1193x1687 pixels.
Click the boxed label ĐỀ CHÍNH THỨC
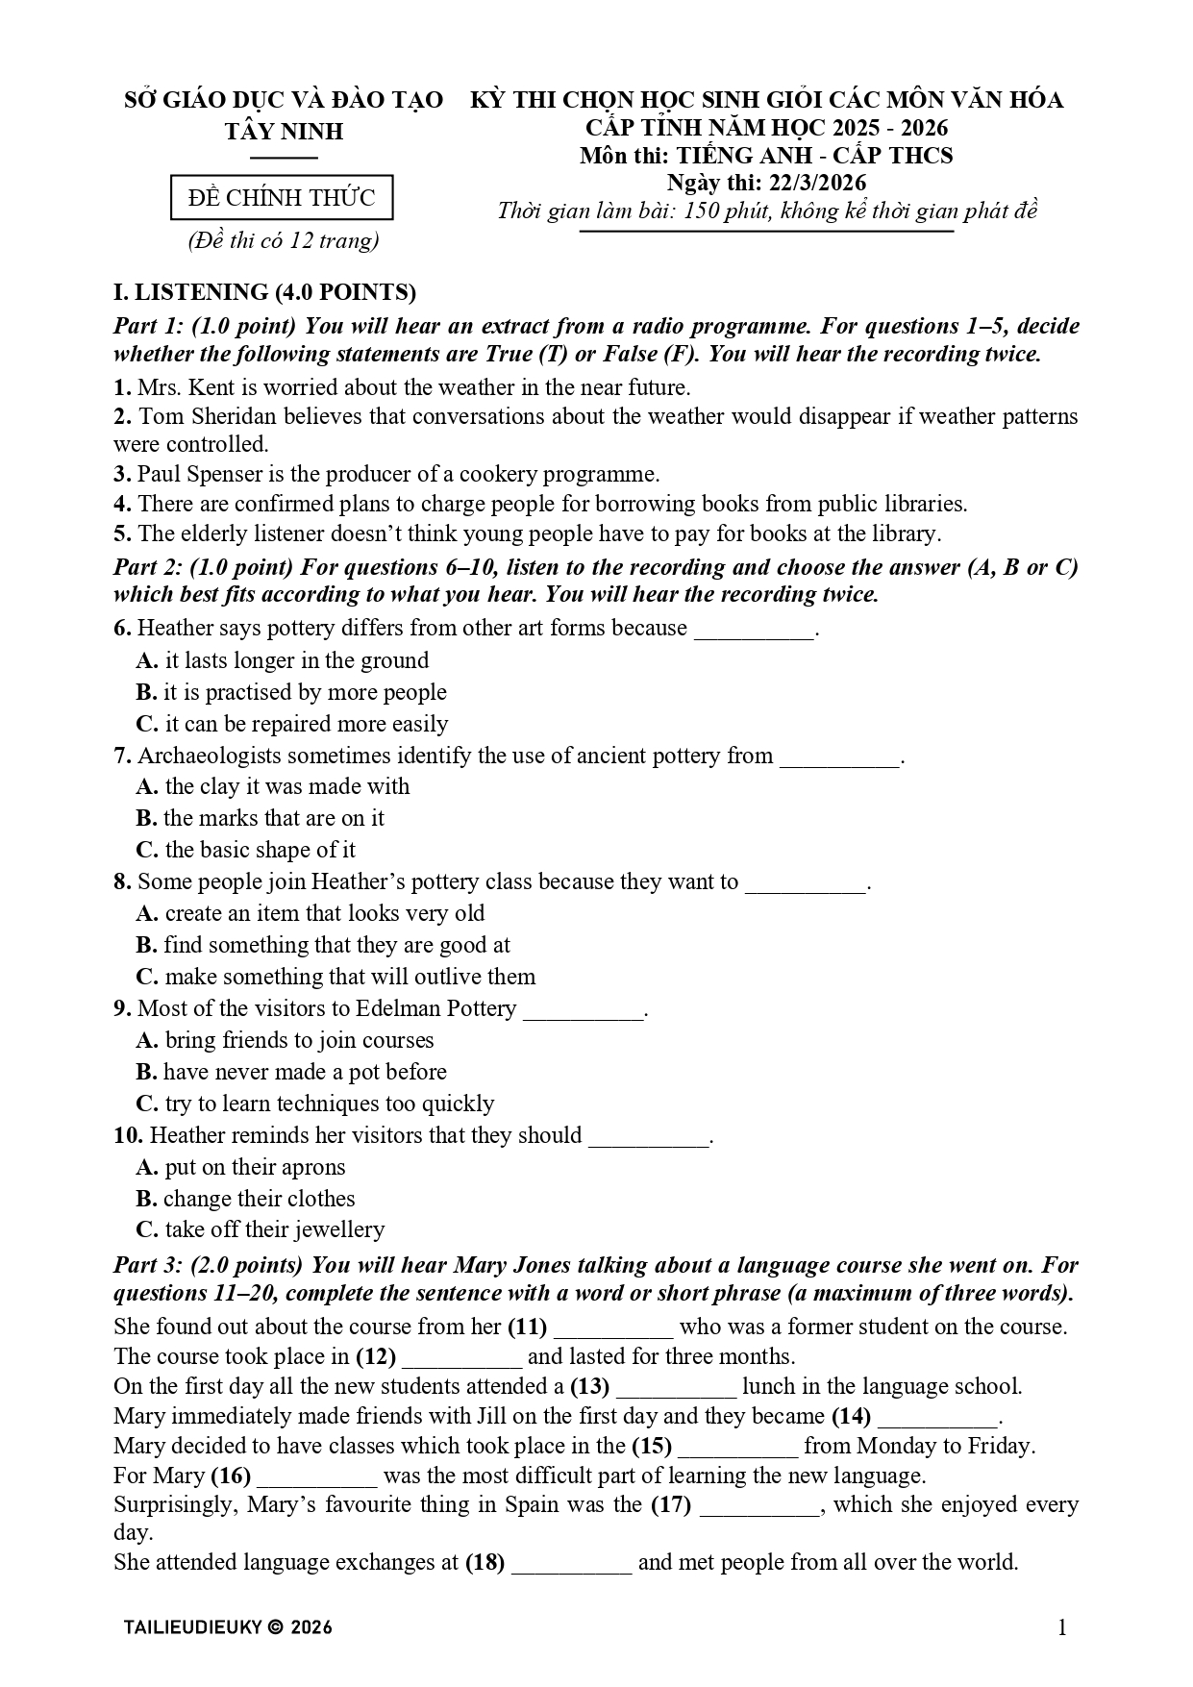click(282, 198)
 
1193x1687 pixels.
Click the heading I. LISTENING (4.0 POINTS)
click(264, 292)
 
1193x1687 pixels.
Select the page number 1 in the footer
click(1062, 1626)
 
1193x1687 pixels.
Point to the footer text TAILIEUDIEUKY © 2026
click(228, 1627)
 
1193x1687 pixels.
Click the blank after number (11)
click(613, 1327)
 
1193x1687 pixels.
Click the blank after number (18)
click(571, 1563)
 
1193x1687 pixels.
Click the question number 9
click(122, 1008)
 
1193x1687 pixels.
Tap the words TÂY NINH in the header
click(284, 131)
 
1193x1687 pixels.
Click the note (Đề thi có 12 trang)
click(283, 240)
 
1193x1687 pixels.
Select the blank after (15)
click(737, 1447)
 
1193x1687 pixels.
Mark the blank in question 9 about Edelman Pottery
click(583, 1010)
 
